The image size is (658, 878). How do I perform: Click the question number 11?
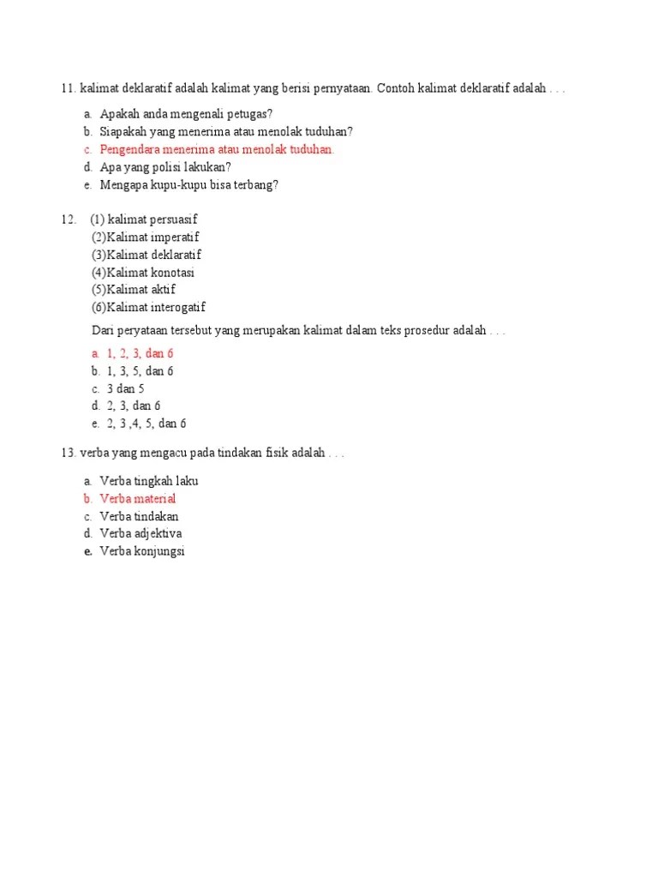click(x=68, y=89)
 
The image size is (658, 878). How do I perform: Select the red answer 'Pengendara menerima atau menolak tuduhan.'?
click(x=217, y=149)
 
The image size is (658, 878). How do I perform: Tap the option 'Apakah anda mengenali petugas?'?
click(x=186, y=114)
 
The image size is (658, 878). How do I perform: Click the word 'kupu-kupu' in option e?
click(x=179, y=184)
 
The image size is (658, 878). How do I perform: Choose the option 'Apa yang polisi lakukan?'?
click(x=165, y=167)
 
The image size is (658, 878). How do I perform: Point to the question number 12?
click(x=69, y=219)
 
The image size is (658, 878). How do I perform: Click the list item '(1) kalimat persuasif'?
click(x=144, y=219)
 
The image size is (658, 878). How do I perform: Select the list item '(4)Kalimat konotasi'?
click(x=143, y=273)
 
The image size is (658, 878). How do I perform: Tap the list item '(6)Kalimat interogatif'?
click(x=148, y=308)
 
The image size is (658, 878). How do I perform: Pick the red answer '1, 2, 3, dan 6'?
click(x=141, y=353)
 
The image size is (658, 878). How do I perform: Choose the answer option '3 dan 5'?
click(x=125, y=388)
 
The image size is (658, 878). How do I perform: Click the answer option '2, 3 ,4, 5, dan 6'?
click(x=146, y=424)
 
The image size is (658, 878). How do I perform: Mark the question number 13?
click(x=69, y=454)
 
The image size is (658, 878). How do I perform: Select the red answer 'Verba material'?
click(x=138, y=499)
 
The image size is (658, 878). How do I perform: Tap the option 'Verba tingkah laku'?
click(x=149, y=481)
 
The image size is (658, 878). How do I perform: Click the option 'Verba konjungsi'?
click(x=142, y=551)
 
